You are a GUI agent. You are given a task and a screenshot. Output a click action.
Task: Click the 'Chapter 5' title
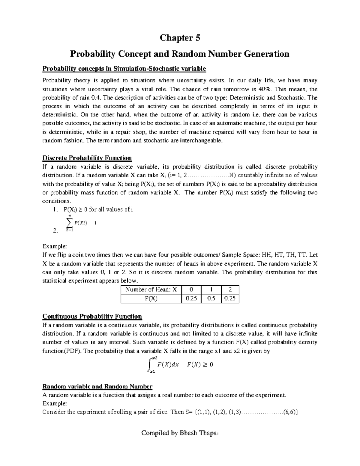[180, 38]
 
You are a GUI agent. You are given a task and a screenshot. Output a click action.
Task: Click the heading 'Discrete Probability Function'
[87, 158]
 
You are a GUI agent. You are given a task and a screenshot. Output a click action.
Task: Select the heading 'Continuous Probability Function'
[92, 316]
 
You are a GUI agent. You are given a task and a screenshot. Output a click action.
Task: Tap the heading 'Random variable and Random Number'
[97, 386]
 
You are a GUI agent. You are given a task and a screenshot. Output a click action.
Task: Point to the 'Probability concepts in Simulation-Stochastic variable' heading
[124, 69]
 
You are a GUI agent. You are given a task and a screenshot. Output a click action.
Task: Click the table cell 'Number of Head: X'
[151, 290]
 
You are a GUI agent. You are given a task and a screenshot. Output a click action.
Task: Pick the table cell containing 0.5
[211, 299]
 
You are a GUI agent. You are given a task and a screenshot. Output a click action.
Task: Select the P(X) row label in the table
[151, 299]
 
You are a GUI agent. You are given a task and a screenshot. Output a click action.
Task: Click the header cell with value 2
[230, 290]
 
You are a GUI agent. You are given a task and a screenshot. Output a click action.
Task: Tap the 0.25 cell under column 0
[192, 299]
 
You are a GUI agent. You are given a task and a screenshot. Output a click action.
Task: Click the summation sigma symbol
[69, 223]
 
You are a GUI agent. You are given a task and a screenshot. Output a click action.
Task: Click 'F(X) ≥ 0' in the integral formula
[200, 365]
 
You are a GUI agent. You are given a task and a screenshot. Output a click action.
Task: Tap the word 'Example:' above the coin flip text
[55, 246]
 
